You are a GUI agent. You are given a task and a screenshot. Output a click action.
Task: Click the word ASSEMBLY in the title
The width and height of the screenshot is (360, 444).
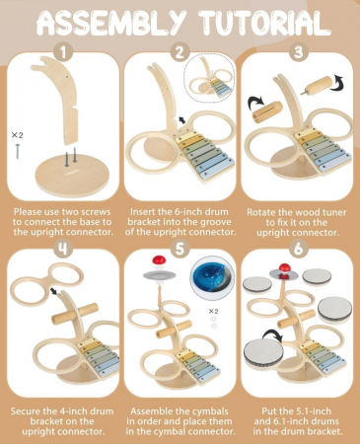pyautogui.click(x=111, y=23)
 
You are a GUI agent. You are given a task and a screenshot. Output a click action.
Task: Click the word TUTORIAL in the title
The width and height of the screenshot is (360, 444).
pyautogui.click(x=265, y=23)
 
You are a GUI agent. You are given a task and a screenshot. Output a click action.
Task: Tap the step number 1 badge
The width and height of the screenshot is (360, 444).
pyautogui.click(x=63, y=52)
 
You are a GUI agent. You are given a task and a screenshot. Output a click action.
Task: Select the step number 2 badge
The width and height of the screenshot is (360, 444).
pyautogui.click(x=180, y=52)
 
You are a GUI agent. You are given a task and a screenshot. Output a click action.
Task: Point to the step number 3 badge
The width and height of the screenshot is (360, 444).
pyautogui.click(x=298, y=52)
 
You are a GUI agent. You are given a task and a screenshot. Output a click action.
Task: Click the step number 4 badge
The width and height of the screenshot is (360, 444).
pyautogui.click(x=63, y=249)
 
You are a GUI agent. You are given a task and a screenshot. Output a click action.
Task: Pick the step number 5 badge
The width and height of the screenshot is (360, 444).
pyautogui.click(x=180, y=249)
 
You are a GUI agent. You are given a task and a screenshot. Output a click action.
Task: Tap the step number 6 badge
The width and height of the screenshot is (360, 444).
pyautogui.click(x=298, y=249)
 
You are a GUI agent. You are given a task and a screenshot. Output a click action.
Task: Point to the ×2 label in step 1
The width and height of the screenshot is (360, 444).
pyautogui.click(x=18, y=135)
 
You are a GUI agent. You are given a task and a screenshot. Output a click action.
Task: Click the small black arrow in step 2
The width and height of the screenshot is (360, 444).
pyautogui.click(x=181, y=119)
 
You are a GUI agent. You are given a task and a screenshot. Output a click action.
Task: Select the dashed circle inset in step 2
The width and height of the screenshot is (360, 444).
pyautogui.click(x=209, y=76)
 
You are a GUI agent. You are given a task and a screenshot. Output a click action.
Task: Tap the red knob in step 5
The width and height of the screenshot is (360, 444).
pyautogui.click(x=159, y=260)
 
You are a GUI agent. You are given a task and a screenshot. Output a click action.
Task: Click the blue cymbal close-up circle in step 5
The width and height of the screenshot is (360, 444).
pyautogui.click(x=212, y=277)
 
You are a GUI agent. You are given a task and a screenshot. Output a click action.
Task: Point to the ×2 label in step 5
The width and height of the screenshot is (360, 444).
pyautogui.click(x=213, y=311)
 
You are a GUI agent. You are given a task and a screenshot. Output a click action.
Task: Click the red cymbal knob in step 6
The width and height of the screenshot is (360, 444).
pyautogui.click(x=284, y=268)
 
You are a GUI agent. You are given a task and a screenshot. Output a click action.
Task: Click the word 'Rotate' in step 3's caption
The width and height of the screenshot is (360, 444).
pyautogui.click(x=260, y=212)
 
